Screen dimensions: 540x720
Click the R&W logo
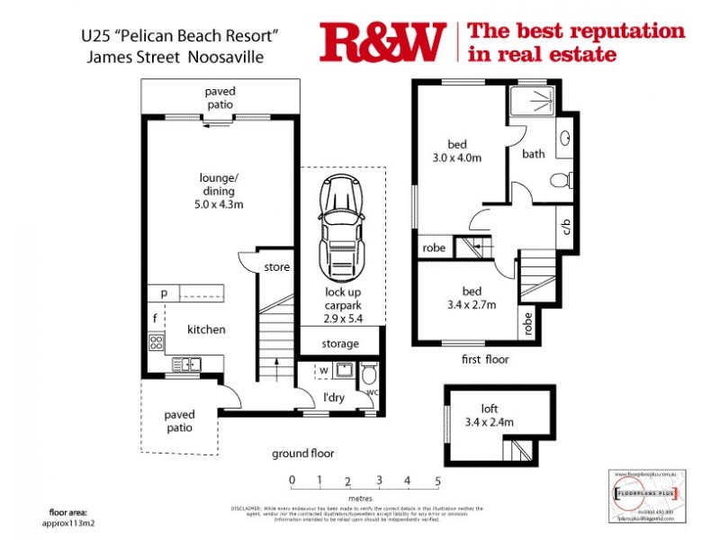[382, 41]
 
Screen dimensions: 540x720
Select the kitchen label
[207, 329]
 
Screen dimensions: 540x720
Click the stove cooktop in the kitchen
[156, 342]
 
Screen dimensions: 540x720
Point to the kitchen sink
[188, 364]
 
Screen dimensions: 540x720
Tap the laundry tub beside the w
[342, 370]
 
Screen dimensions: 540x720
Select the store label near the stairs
[277, 267]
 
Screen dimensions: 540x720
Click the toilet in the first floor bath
[562, 179]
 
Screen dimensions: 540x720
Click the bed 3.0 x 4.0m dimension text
[458, 157]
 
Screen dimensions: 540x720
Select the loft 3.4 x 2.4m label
[491, 421]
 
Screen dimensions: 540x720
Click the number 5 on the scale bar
[437, 481]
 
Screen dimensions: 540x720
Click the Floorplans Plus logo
[643, 494]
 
